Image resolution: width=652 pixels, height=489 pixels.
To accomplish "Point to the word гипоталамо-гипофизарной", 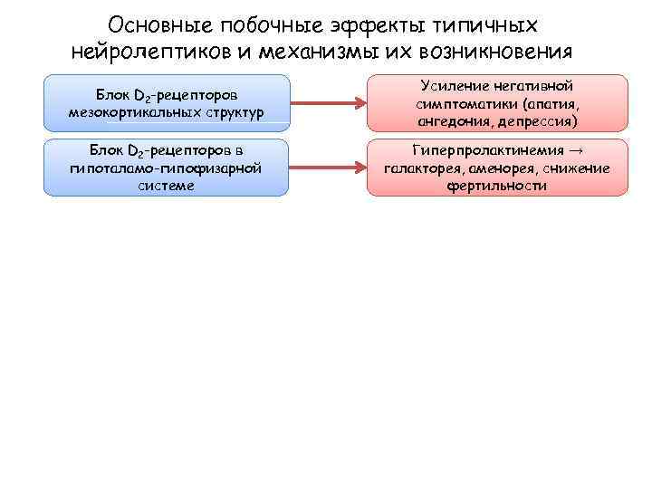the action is tap(166, 168).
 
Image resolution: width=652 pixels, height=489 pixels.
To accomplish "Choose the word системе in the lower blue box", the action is tap(166, 185).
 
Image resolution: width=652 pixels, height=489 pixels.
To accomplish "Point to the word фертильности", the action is tap(496, 185).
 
